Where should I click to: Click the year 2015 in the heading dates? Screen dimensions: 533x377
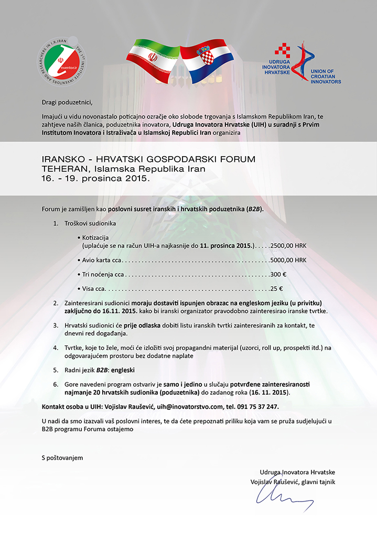pos(137,178)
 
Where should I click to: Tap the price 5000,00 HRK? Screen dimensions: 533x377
pos(288,259)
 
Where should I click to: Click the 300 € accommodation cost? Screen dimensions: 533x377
pos(278,274)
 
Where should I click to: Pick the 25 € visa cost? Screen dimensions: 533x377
pos(276,288)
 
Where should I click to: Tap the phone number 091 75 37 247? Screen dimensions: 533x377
pos(258,406)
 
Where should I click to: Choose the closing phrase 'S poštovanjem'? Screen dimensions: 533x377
pos(62,458)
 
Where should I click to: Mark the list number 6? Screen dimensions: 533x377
pos(56,384)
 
